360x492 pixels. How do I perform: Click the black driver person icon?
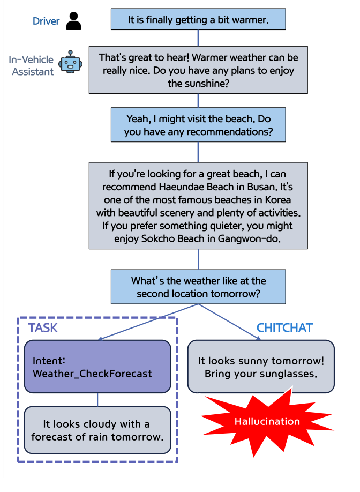tap(74, 21)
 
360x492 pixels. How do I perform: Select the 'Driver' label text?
tap(46, 21)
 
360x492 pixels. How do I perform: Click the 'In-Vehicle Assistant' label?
tap(31, 65)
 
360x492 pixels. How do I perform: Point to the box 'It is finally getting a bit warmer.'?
tap(198, 20)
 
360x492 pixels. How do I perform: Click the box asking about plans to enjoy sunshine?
tap(198, 70)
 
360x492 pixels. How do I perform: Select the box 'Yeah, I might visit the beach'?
tap(198, 125)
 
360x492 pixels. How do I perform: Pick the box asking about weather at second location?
tap(198, 287)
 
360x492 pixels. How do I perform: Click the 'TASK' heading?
tap(43, 327)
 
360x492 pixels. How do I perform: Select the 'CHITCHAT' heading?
tap(284, 327)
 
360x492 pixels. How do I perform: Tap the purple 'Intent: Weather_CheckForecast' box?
tap(97, 366)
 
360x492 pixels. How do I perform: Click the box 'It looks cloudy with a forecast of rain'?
tap(97, 430)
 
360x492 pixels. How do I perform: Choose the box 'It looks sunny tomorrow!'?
tap(261, 367)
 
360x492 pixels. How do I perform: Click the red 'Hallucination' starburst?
tap(267, 421)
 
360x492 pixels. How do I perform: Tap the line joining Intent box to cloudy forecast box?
tap(97, 399)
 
